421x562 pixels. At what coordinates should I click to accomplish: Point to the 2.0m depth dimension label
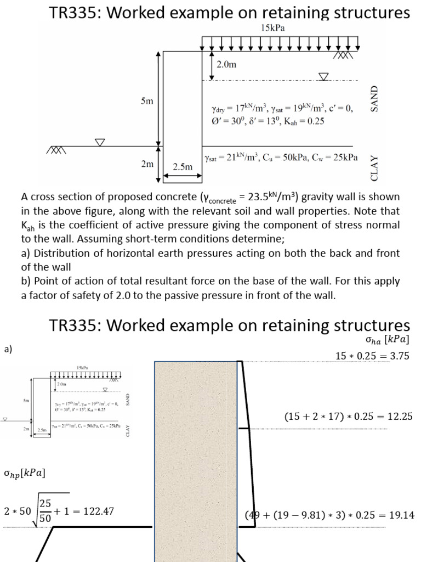click(x=226, y=64)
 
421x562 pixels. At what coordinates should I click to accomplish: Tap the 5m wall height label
click(x=146, y=101)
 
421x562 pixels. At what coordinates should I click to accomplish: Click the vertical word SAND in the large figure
click(x=375, y=99)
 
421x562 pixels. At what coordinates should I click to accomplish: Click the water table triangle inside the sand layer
click(x=324, y=76)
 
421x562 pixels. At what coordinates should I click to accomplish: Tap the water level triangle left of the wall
click(x=100, y=143)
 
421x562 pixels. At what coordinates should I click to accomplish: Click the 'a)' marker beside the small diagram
click(x=8, y=349)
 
